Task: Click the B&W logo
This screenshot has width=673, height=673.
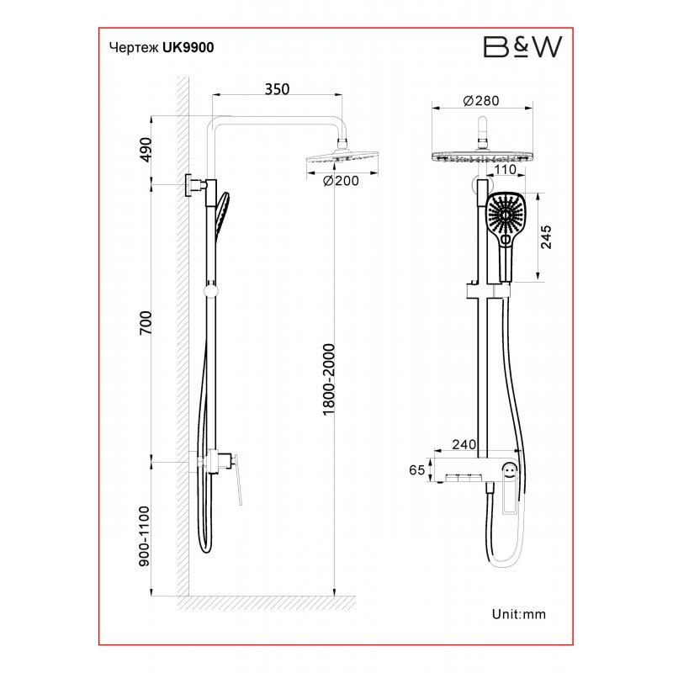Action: (522, 47)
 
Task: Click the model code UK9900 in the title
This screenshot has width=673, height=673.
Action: (188, 48)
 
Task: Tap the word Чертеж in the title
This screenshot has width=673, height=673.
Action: (134, 48)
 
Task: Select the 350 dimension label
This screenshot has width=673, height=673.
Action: (277, 89)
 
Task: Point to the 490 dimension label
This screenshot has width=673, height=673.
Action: (146, 150)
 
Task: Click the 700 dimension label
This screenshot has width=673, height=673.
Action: (146, 323)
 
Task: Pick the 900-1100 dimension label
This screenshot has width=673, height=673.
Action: (145, 536)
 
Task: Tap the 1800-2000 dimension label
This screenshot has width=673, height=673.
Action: (328, 379)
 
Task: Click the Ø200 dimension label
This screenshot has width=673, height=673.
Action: (341, 181)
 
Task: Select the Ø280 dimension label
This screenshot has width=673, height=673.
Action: (481, 101)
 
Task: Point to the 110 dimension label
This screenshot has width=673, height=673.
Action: (505, 170)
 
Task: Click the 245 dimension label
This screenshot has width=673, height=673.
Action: (546, 237)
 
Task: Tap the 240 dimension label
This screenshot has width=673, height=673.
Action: (464, 444)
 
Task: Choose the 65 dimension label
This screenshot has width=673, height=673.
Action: (416, 470)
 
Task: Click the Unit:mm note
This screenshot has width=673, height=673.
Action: (519, 614)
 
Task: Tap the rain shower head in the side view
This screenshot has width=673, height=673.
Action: (342, 156)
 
